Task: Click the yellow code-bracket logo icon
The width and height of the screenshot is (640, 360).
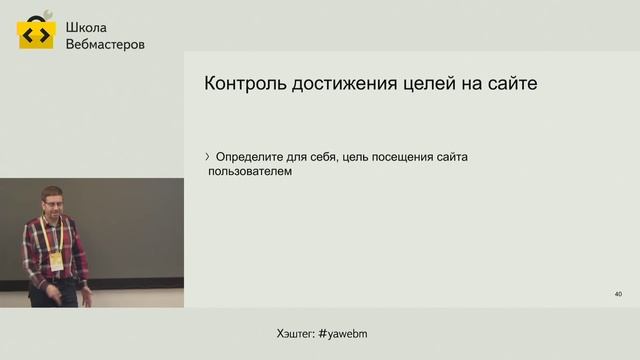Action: [x=36, y=33]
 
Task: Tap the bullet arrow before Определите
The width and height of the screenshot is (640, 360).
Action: [x=207, y=156]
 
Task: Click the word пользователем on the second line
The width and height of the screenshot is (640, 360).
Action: [x=249, y=171]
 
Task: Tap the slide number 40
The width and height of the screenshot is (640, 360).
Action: [x=618, y=294]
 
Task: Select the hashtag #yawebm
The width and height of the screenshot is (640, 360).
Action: [x=349, y=332]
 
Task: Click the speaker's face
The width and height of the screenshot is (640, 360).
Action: [x=53, y=203]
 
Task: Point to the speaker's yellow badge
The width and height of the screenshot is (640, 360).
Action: [x=57, y=259]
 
